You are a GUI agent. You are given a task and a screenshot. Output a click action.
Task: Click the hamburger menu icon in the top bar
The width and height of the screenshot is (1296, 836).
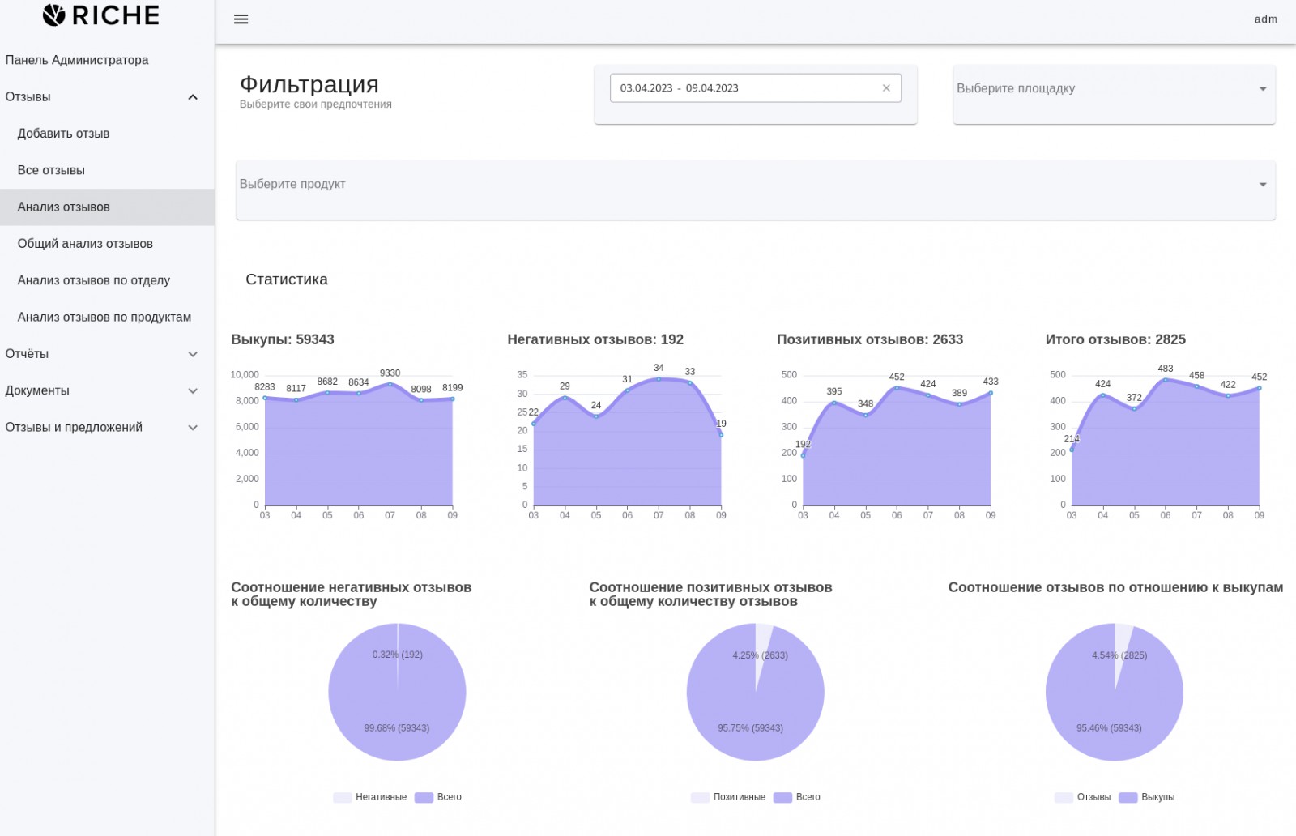pos(241,19)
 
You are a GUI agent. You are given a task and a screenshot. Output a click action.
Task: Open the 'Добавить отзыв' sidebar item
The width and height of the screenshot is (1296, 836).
pos(63,134)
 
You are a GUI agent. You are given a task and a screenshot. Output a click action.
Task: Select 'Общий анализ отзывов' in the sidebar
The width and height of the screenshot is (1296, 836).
pos(85,244)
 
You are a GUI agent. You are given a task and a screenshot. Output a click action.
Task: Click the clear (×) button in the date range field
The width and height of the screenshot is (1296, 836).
pos(886,88)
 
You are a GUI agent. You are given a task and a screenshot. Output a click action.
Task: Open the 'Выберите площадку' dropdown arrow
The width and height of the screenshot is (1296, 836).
pos(1263,88)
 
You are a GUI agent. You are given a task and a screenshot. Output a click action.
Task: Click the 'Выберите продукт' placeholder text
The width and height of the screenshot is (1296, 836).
pos(292,184)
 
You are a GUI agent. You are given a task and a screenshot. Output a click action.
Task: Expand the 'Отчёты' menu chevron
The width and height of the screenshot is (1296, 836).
pos(193,354)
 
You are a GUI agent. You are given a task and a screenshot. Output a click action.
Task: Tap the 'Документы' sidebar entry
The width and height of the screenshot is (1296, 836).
pos(37,390)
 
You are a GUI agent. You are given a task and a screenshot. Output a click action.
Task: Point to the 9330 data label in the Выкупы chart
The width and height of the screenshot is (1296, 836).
pos(390,373)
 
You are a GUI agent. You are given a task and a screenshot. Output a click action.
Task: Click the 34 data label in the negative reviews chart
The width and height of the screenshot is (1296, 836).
pos(659,368)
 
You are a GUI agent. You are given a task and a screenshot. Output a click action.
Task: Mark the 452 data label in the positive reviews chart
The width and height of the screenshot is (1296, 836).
pos(896,377)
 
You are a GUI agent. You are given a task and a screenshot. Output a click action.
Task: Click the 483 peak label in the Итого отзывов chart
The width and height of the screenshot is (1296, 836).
pos(1166,369)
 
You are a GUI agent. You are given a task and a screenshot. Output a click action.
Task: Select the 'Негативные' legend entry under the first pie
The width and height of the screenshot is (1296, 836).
pos(381,797)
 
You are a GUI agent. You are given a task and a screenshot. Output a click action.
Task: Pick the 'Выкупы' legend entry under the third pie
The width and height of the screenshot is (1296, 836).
pos(1157,797)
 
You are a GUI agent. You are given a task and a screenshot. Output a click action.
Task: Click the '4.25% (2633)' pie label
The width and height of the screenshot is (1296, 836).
pos(760,655)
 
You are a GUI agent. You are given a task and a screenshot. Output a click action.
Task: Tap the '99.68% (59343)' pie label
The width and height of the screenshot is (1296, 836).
pos(396,727)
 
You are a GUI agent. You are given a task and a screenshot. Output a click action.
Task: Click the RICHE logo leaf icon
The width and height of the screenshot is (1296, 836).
pos(53,15)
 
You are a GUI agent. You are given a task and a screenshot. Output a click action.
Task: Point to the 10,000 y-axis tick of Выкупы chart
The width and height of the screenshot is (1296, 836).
pos(245,374)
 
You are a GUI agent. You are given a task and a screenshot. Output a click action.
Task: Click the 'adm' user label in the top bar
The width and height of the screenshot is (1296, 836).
pos(1265,19)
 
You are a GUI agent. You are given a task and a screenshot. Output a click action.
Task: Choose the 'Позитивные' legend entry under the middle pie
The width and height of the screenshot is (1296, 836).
pos(739,797)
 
